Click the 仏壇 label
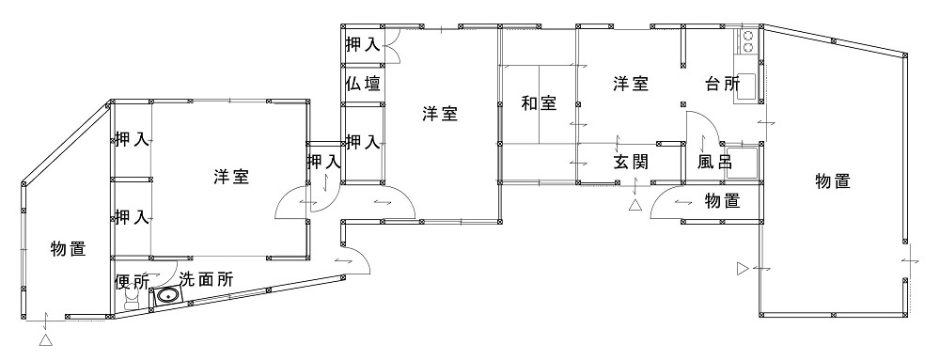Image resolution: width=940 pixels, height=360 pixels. pyautogui.click(x=363, y=84)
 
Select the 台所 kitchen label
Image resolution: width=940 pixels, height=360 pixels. pyautogui.click(x=723, y=84)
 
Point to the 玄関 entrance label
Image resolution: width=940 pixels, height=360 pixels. pyautogui.click(x=630, y=161)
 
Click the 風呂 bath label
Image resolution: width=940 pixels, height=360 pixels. pyautogui.click(x=714, y=162)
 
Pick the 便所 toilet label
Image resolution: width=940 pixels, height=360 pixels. pyautogui.click(x=131, y=280)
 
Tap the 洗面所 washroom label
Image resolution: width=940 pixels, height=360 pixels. pyautogui.click(x=206, y=279)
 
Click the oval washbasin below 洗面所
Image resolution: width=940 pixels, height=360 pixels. pyautogui.click(x=167, y=298)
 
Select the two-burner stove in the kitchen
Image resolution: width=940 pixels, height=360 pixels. pyautogui.click(x=749, y=41)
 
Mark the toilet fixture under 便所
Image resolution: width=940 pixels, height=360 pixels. pyautogui.click(x=132, y=299)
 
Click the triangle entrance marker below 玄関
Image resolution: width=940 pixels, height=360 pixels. pyautogui.click(x=634, y=205)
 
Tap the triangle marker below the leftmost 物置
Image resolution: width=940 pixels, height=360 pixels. pyautogui.click(x=45, y=340)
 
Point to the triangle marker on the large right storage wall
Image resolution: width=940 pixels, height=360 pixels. pyautogui.click(x=743, y=269)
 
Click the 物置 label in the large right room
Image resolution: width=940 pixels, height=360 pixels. pyautogui.click(x=833, y=181)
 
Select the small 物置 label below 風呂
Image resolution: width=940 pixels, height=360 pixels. pyautogui.click(x=721, y=200)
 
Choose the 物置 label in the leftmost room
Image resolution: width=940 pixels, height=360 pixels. pyautogui.click(x=68, y=249)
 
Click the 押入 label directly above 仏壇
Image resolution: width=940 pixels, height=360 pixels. pyautogui.click(x=362, y=43)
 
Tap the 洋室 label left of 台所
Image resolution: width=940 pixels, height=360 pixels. pyautogui.click(x=631, y=84)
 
